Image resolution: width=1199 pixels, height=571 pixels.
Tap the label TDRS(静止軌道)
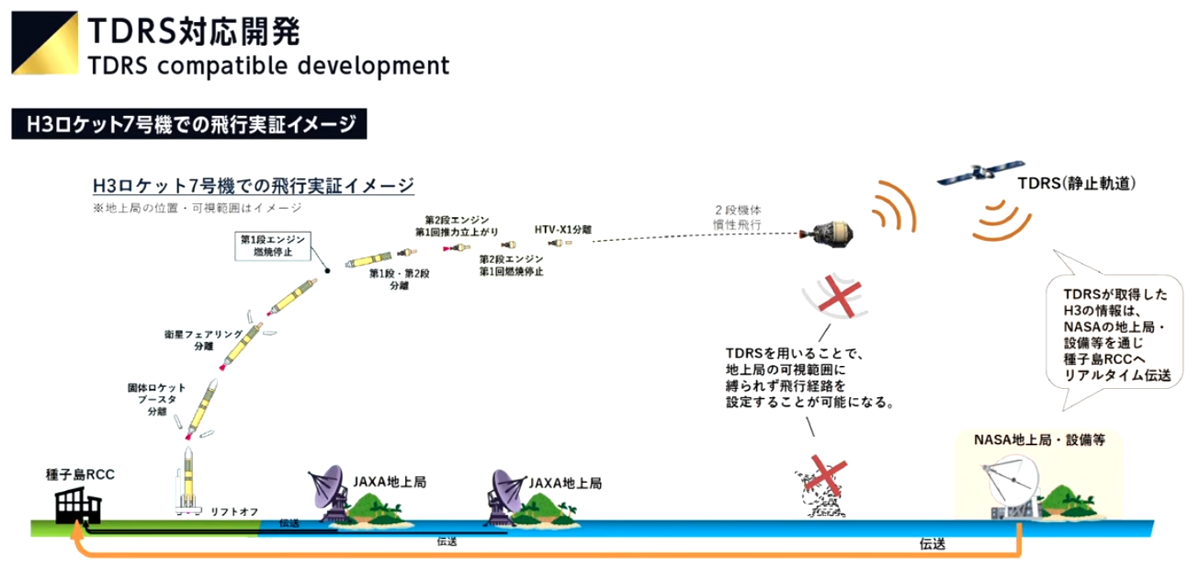point(1076,184)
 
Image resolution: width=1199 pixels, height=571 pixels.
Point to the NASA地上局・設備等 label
point(1039,440)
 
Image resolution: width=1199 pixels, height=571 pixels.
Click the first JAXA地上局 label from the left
point(390,481)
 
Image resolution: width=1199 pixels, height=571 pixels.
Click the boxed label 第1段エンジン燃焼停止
point(272,246)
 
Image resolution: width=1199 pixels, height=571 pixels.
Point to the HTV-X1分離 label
point(562,228)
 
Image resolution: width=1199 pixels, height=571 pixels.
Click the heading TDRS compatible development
point(269,66)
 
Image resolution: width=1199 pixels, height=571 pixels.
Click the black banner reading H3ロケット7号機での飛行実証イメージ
point(189,125)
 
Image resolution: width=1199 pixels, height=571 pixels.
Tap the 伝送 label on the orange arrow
point(933,544)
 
